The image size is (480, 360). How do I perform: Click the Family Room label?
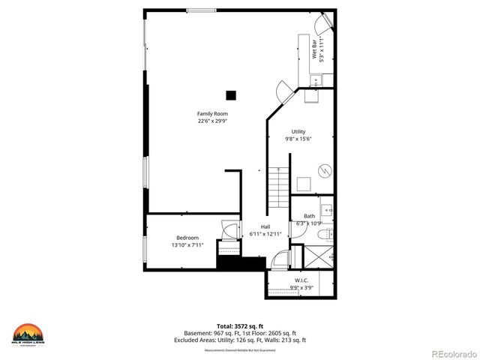[212, 114]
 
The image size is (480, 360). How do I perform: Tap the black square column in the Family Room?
[231, 94]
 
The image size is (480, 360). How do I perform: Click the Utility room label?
[298, 132]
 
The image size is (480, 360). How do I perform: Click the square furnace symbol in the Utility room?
[304, 184]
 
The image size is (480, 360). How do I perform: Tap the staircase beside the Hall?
[277, 189]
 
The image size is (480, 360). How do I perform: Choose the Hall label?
[265, 227]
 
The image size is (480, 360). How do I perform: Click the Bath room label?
[309, 216]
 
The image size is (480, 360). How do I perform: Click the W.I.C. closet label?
[301, 280]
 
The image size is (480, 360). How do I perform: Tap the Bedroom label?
[187, 238]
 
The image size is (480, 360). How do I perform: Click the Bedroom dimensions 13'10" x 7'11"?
[187, 244]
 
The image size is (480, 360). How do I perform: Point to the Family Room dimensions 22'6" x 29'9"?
[212, 121]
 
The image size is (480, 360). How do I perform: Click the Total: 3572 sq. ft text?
[239, 327]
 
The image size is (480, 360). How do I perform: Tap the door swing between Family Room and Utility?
[285, 92]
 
